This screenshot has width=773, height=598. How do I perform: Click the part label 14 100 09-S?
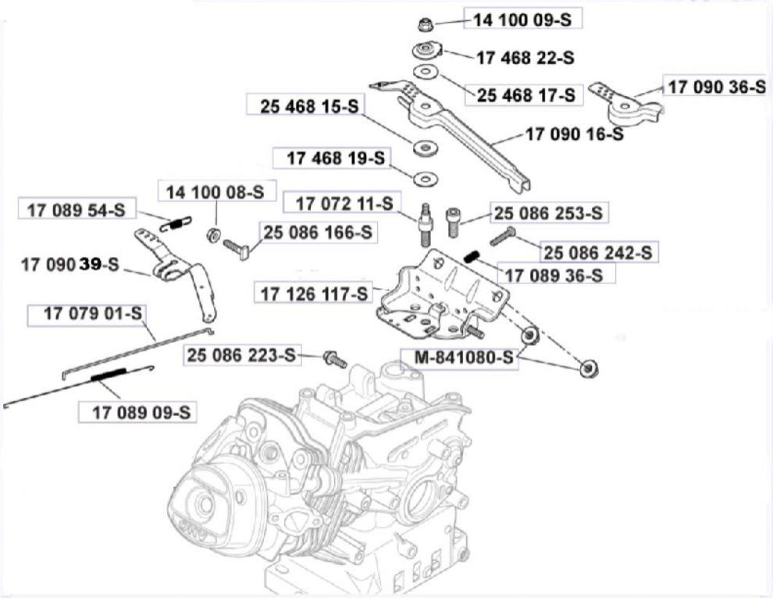(523, 20)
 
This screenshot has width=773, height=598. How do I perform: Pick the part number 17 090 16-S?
(574, 133)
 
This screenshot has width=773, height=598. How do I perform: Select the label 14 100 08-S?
(211, 190)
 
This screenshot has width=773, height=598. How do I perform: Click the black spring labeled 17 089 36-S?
(471, 257)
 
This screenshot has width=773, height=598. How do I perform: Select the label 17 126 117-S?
(314, 294)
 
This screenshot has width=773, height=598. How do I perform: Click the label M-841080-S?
(457, 360)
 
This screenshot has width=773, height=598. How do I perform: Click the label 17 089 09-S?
(137, 411)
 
